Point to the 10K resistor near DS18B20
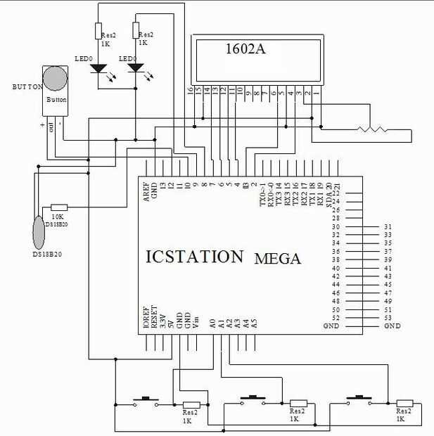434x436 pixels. pyautogui.click(x=57, y=208)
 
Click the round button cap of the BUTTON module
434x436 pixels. pyautogui.click(x=56, y=79)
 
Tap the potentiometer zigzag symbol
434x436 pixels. pyautogui.click(x=371, y=129)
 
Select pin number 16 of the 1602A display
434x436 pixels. pyautogui.click(x=190, y=91)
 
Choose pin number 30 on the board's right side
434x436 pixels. pyautogui.click(x=336, y=226)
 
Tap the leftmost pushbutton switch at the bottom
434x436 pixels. pyautogui.click(x=146, y=401)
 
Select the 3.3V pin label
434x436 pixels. pyautogui.click(x=163, y=321)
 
